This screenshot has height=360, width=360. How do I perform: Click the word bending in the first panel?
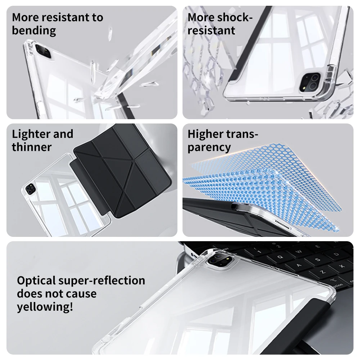coord(34,31)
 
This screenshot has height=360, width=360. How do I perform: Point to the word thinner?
coord(32,147)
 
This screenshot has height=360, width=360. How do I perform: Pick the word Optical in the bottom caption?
coord(36,281)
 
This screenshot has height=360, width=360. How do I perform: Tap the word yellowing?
coord(45,307)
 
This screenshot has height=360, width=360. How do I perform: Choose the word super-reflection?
coord(102,281)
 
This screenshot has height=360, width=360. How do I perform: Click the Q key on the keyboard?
coord(280,257)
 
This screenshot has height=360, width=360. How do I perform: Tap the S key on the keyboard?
coord(318,260)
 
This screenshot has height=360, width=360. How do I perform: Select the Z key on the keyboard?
coord(323,272)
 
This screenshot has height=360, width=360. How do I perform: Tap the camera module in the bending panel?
coord(44,51)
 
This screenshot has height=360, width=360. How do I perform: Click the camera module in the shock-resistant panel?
coord(310,82)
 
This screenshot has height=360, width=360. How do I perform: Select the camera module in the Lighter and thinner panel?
coord(30,189)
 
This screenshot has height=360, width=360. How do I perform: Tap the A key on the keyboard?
coord(299,266)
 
